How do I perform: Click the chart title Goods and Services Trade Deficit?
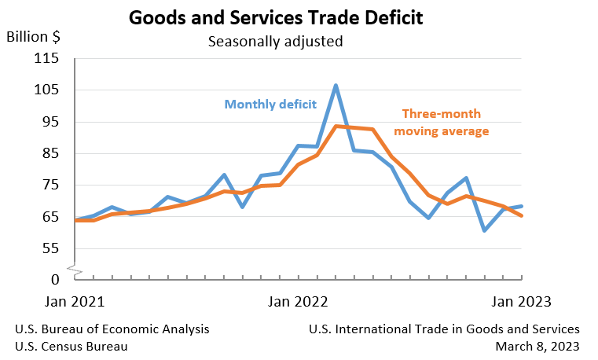click(276, 17)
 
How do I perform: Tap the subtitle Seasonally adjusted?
click(275, 41)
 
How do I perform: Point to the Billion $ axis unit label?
click(34, 37)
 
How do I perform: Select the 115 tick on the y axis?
click(48, 58)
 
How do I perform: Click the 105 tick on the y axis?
click(48, 90)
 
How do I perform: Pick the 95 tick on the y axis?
click(51, 122)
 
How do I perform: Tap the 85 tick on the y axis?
click(51, 153)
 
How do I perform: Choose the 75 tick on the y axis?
click(51, 185)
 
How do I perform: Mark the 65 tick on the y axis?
click(51, 216)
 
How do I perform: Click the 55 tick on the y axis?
click(51, 248)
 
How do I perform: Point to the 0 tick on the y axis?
click(55, 280)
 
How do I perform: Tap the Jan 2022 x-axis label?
click(298, 301)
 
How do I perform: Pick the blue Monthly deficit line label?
click(270, 104)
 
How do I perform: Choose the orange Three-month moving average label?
click(441, 123)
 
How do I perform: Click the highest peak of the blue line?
click(336, 85)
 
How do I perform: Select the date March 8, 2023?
click(537, 346)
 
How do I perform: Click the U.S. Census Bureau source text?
click(72, 346)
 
